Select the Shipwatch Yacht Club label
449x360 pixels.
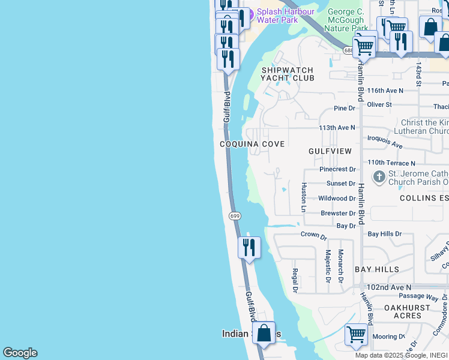click(288, 74)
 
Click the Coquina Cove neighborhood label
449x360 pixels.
click(252, 144)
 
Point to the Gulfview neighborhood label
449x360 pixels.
click(330, 151)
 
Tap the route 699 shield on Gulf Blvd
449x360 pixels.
click(235, 215)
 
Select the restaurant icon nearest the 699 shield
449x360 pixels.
click(249, 247)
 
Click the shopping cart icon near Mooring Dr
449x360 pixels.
click(357, 334)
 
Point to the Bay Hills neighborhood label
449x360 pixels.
click(377, 269)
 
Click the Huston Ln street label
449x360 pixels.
click(304, 197)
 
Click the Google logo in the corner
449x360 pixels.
click(20, 353)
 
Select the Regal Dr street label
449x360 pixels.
click(295, 281)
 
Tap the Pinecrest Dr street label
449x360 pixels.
click(337, 170)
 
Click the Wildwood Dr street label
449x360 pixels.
click(337, 198)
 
